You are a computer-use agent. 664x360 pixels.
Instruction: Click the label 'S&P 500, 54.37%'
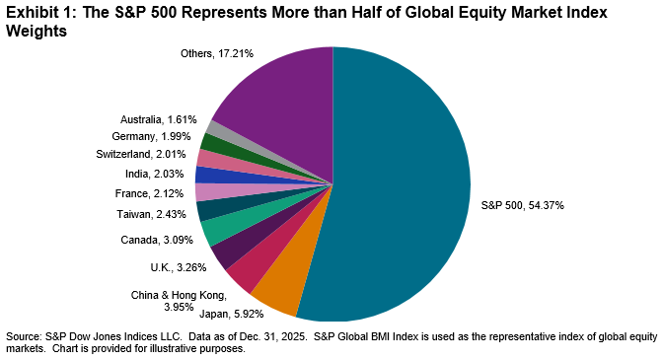(x=521, y=205)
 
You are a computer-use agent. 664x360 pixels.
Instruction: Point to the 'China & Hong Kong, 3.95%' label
(x=179, y=301)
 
